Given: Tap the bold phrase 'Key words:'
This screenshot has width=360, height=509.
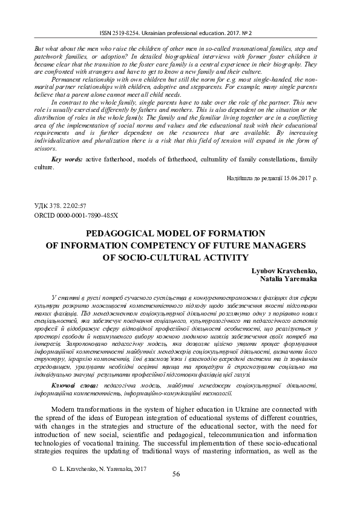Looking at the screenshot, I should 67,159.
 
